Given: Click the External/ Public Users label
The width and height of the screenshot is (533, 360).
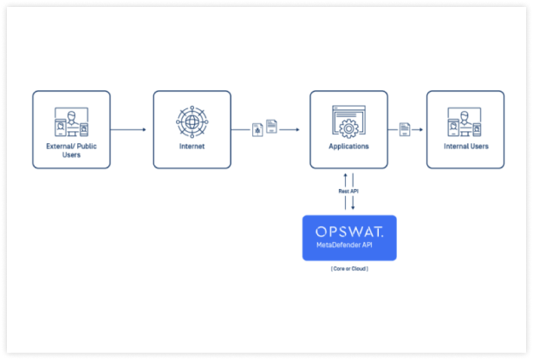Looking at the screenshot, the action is [x=71, y=150].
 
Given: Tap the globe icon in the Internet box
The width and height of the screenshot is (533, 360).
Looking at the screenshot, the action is [x=192, y=121].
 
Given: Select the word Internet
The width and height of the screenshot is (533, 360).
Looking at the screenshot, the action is [x=192, y=147].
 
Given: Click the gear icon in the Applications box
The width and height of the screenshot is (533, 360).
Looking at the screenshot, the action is [x=348, y=128].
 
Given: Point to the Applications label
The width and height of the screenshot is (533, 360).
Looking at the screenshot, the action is [x=348, y=147].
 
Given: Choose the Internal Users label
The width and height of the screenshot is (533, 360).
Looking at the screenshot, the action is [x=466, y=147].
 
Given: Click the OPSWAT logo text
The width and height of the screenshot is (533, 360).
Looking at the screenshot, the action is [x=349, y=232].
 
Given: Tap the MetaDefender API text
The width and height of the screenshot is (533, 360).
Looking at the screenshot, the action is [x=344, y=245].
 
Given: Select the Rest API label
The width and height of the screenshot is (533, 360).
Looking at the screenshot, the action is [x=348, y=191].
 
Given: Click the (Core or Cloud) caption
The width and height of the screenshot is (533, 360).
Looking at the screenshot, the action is [x=349, y=269].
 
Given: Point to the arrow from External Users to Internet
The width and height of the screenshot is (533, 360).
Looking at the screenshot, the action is [x=128, y=129].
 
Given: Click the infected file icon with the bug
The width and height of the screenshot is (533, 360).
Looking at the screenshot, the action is [x=257, y=130].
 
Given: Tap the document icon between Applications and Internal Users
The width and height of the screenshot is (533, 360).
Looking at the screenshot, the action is [x=405, y=129].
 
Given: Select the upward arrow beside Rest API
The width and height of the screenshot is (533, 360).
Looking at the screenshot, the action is [x=345, y=191].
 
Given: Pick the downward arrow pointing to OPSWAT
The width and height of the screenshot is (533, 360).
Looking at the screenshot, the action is [x=353, y=191].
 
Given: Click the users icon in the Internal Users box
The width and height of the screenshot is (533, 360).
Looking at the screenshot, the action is [x=465, y=121].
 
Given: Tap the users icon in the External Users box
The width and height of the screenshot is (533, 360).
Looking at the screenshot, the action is [x=71, y=121].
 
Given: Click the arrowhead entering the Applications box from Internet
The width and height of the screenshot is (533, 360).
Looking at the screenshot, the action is [x=298, y=129].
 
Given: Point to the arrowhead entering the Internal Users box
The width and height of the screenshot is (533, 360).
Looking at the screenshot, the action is [x=421, y=129].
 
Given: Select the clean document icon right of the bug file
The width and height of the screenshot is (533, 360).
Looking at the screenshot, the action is [x=271, y=127].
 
